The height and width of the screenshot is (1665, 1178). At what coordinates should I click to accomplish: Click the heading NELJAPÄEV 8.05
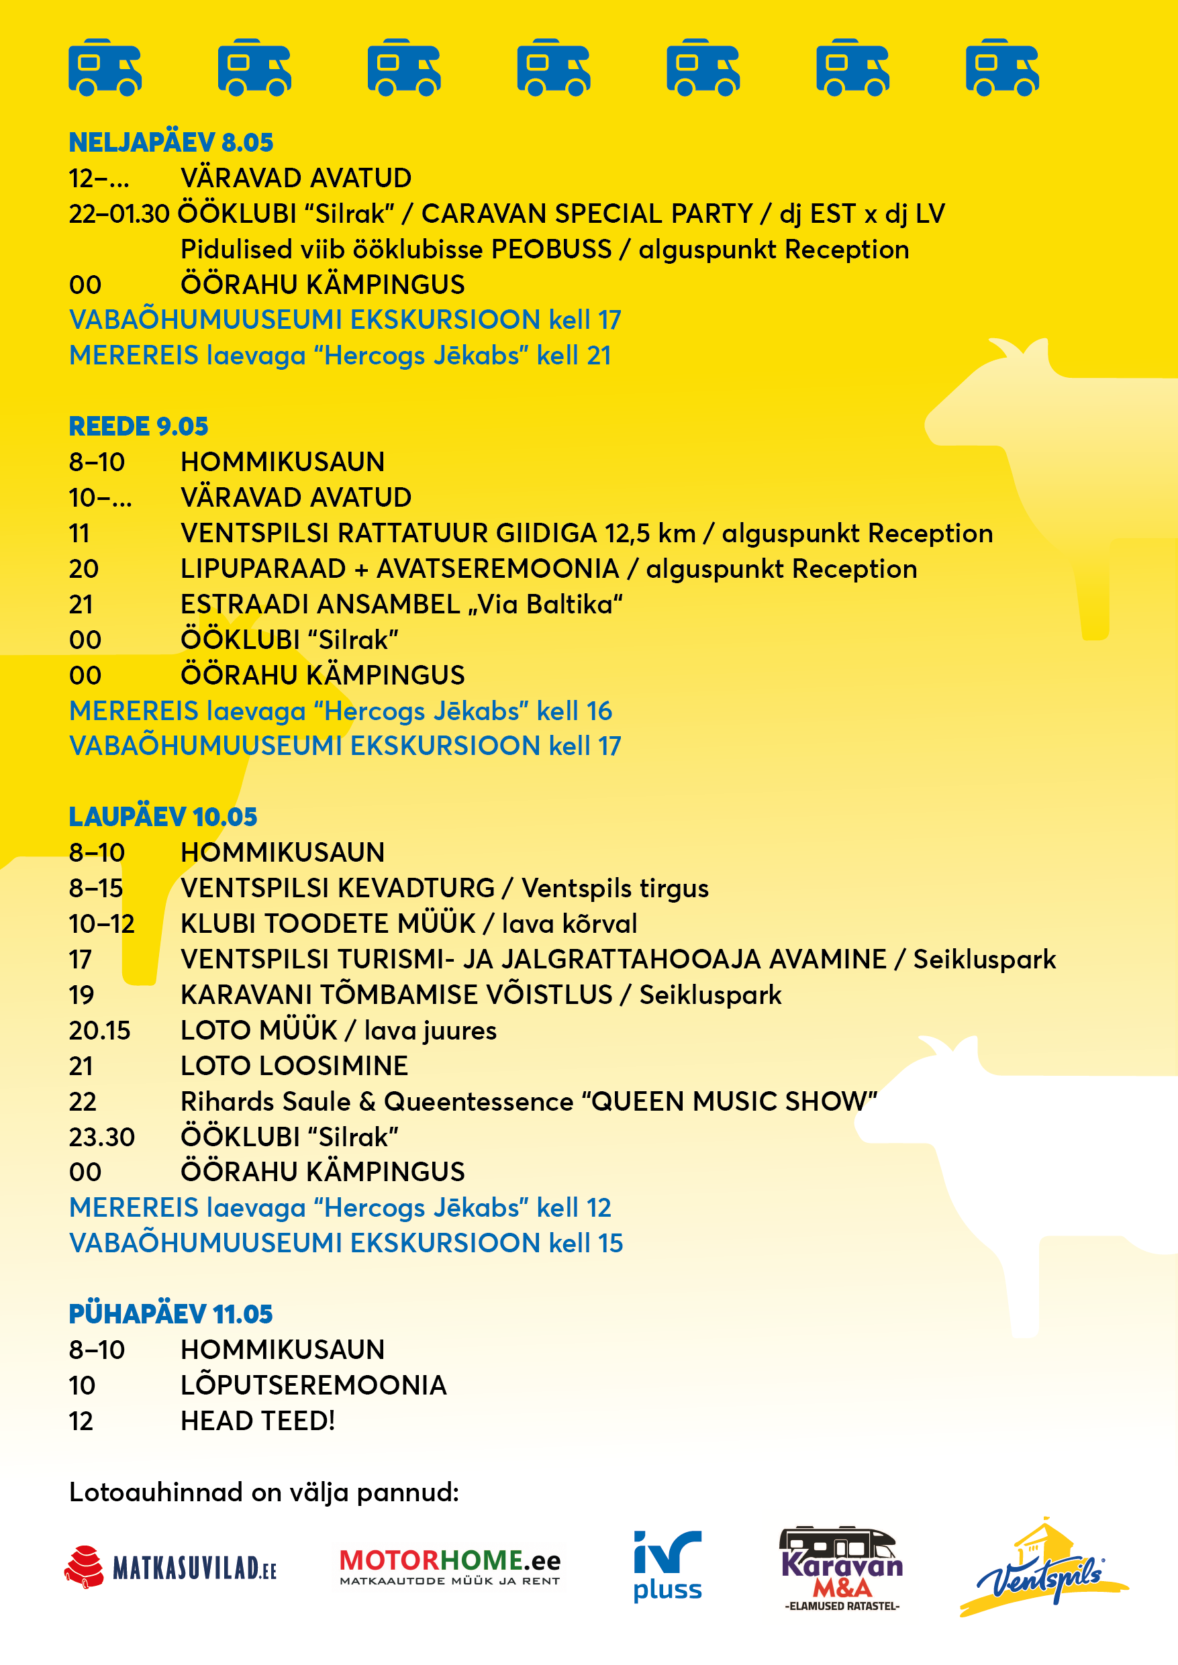click(x=170, y=143)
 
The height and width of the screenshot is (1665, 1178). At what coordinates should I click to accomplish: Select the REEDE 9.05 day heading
click(x=138, y=426)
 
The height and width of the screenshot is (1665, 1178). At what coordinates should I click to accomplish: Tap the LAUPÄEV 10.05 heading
click(x=162, y=817)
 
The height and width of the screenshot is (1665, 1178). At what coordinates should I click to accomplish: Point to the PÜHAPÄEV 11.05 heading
click(x=170, y=1314)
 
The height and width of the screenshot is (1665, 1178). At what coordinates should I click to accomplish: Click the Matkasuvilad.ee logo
click(x=170, y=1568)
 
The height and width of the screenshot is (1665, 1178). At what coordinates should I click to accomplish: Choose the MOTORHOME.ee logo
click(x=450, y=1566)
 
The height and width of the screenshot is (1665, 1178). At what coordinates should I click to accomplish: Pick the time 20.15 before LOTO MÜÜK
click(x=99, y=1030)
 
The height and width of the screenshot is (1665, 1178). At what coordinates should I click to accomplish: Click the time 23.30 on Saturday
click(x=101, y=1137)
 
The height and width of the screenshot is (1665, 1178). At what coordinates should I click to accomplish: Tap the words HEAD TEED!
click(x=258, y=1421)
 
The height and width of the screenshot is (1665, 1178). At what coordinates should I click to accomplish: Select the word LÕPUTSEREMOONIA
click(x=313, y=1385)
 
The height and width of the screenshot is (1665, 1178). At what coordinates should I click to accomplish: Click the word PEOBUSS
click(x=551, y=250)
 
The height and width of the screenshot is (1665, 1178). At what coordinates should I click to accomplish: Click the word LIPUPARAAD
click(x=263, y=569)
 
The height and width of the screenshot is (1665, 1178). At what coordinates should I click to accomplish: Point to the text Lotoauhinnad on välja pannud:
click(x=264, y=1493)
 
